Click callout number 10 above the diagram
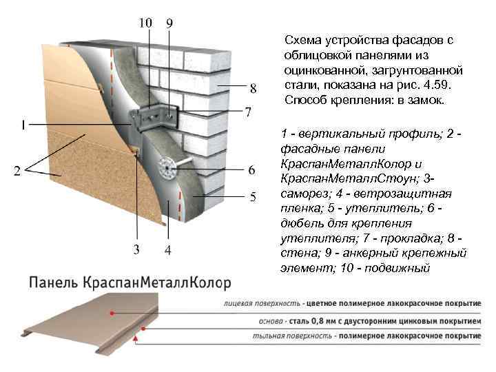(145, 22)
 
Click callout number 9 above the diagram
(169, 22)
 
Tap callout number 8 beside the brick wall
(253, 87)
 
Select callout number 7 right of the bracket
(249, 112)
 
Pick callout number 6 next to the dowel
(252, 169)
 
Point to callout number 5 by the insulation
(253, 198)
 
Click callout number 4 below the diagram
(168, 249)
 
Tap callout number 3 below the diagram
(137, 249)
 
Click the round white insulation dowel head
(165, 165)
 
